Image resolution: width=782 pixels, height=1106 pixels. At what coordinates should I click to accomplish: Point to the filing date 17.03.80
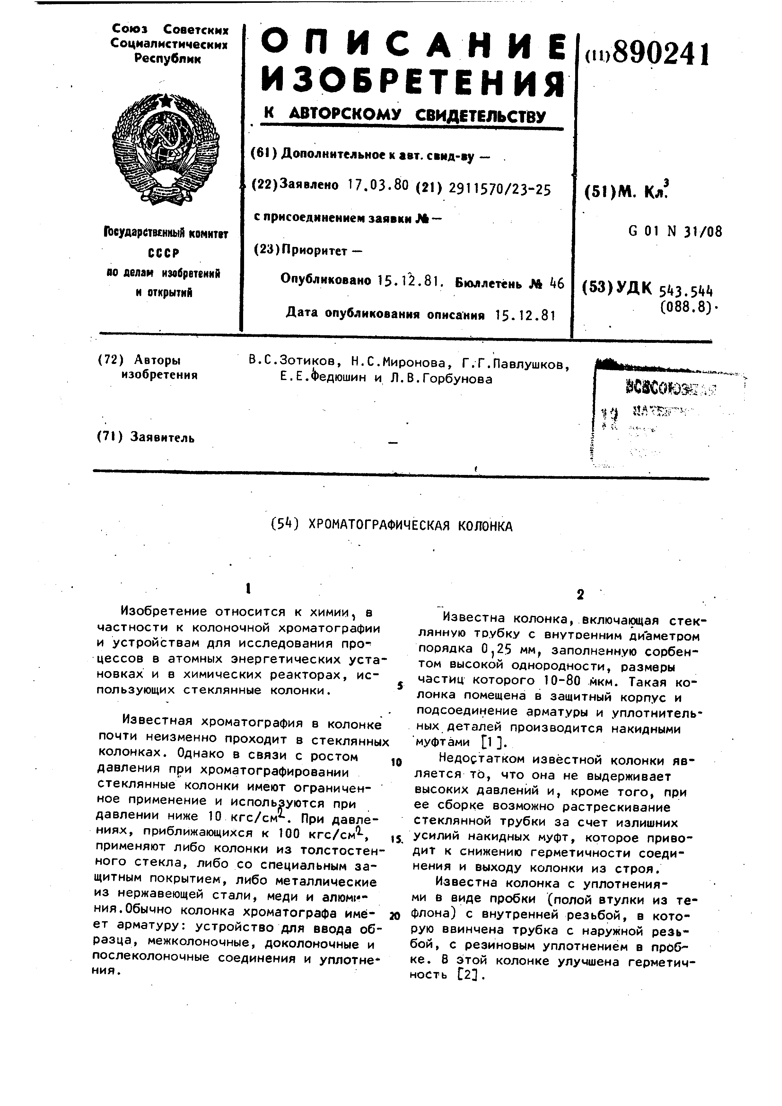(378, 185)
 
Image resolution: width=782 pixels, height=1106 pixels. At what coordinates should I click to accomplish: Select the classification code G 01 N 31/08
(675, 232)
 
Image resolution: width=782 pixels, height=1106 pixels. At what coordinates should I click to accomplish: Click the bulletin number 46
(556, 283)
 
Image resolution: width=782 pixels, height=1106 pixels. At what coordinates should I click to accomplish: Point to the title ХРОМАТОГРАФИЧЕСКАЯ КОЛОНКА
(410, 525)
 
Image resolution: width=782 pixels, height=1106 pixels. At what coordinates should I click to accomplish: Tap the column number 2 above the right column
(580, 595)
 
